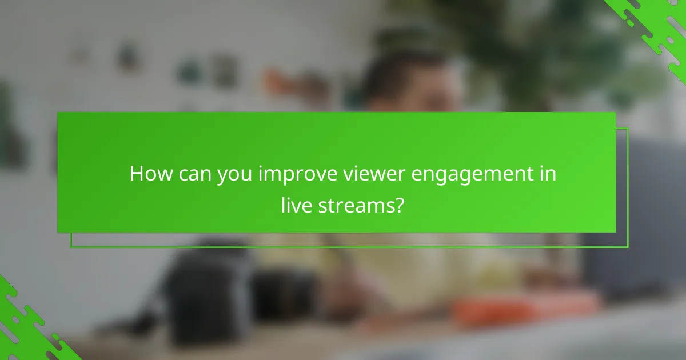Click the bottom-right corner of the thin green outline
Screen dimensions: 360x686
click(628, 247)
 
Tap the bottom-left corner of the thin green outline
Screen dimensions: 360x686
click(71, 247)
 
